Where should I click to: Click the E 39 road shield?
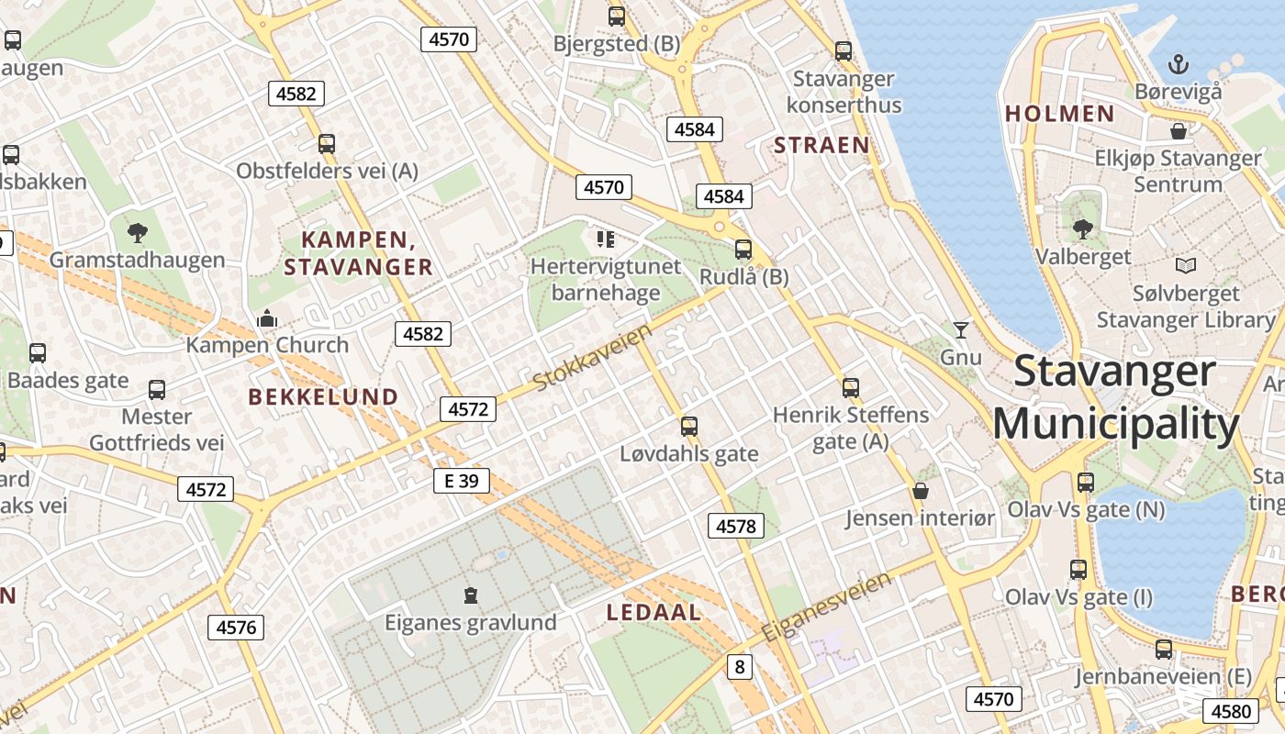462,481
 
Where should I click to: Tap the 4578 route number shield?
736,526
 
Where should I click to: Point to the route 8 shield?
740,667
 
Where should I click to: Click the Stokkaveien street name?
593,356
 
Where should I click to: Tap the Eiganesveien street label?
826,607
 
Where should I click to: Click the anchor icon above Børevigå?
1178,64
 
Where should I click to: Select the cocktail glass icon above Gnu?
961,329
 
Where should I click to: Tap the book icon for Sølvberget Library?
1186,266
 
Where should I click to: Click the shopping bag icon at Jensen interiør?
920,491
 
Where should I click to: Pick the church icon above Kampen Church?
267,318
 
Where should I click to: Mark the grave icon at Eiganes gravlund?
471,595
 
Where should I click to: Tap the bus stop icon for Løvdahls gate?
689,426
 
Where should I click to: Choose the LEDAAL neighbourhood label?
654,613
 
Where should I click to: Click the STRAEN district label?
821,145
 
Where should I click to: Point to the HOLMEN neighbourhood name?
1059,114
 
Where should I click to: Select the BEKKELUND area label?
323,397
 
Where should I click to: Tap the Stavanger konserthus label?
844,92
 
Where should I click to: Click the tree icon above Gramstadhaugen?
138,232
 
